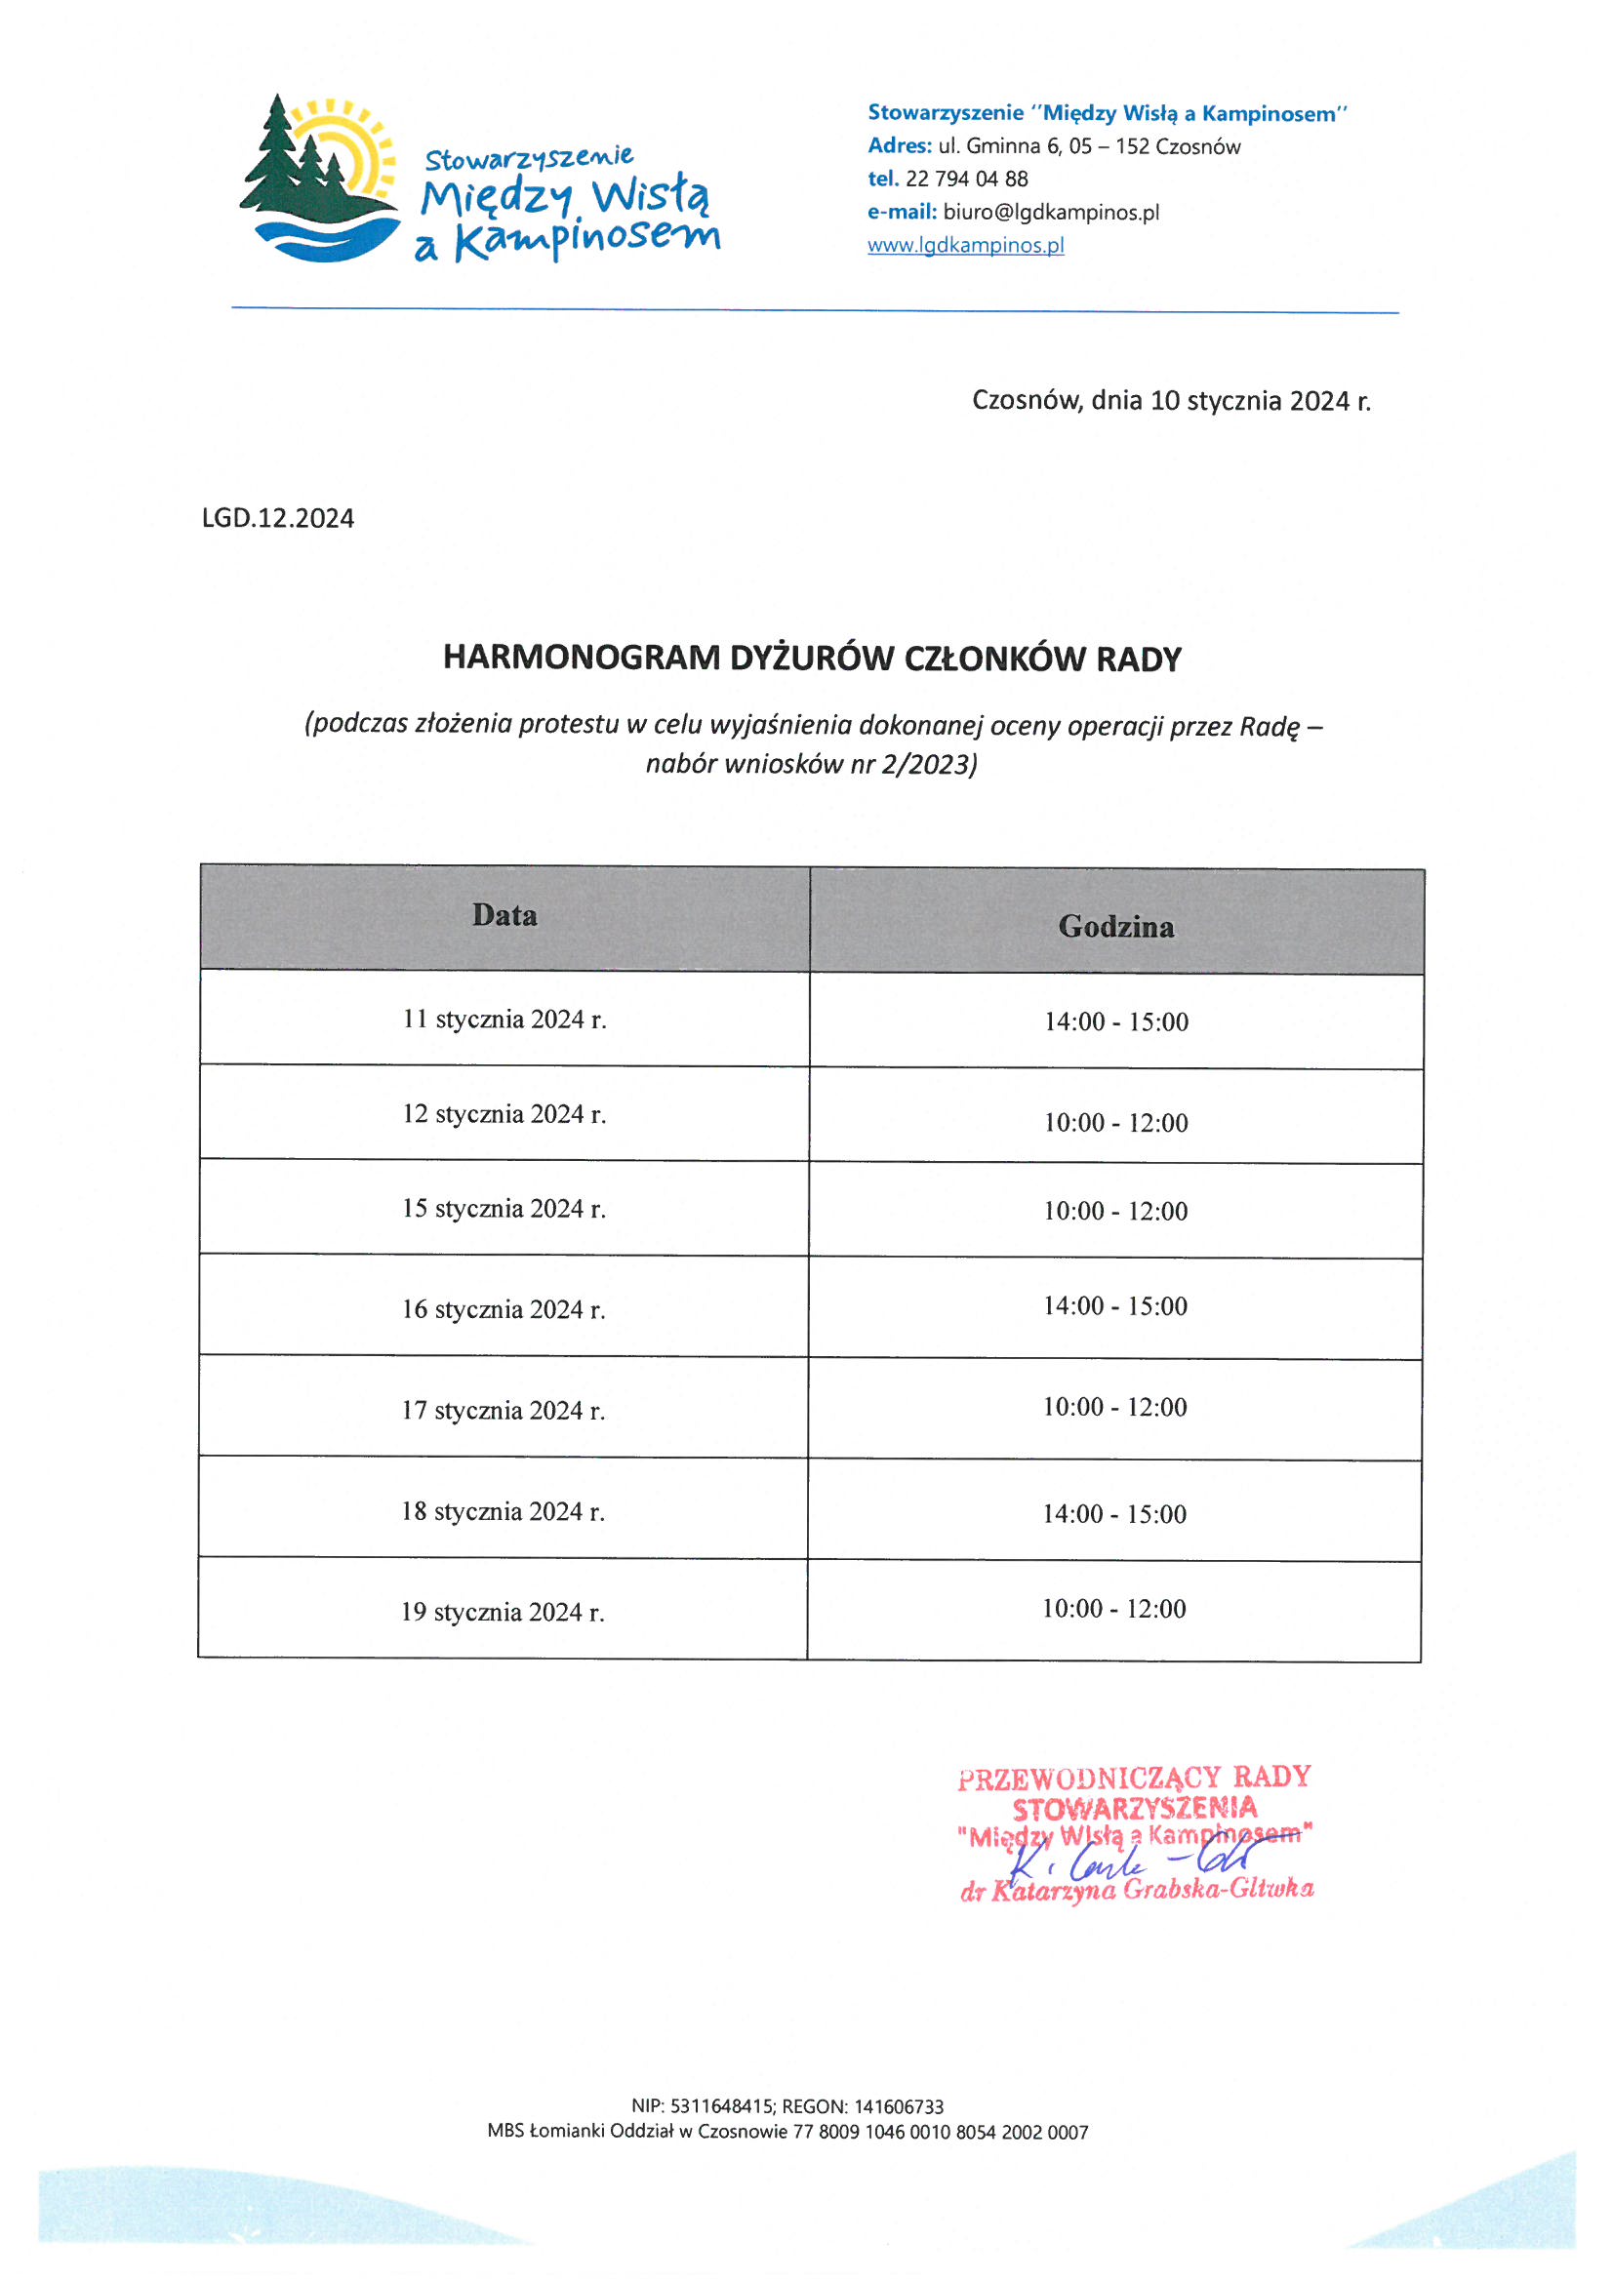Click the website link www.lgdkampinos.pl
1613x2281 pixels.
point(965,246)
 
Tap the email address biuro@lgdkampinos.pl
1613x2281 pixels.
point(1051,213)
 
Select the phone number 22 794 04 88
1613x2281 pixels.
point(966,180)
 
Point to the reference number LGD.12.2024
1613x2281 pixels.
point(277,519)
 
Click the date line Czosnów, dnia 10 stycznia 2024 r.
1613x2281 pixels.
point(1171,401)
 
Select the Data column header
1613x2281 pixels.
point(504,915)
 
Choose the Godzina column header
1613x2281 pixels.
point(1116,927)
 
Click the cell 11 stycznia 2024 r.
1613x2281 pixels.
point(504,1020)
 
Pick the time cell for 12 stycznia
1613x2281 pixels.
point(1115,1123)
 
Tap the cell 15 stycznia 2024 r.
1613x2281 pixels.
point(504,1209)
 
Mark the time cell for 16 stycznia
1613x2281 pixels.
point(1115,1306)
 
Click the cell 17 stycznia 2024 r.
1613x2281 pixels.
point(503,1411)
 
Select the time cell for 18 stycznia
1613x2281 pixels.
point(1114,1514)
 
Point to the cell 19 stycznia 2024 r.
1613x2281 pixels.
point(503,1613)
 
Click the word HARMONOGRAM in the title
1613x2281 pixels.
point(582,659)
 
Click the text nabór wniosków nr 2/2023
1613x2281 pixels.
point(811,764)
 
